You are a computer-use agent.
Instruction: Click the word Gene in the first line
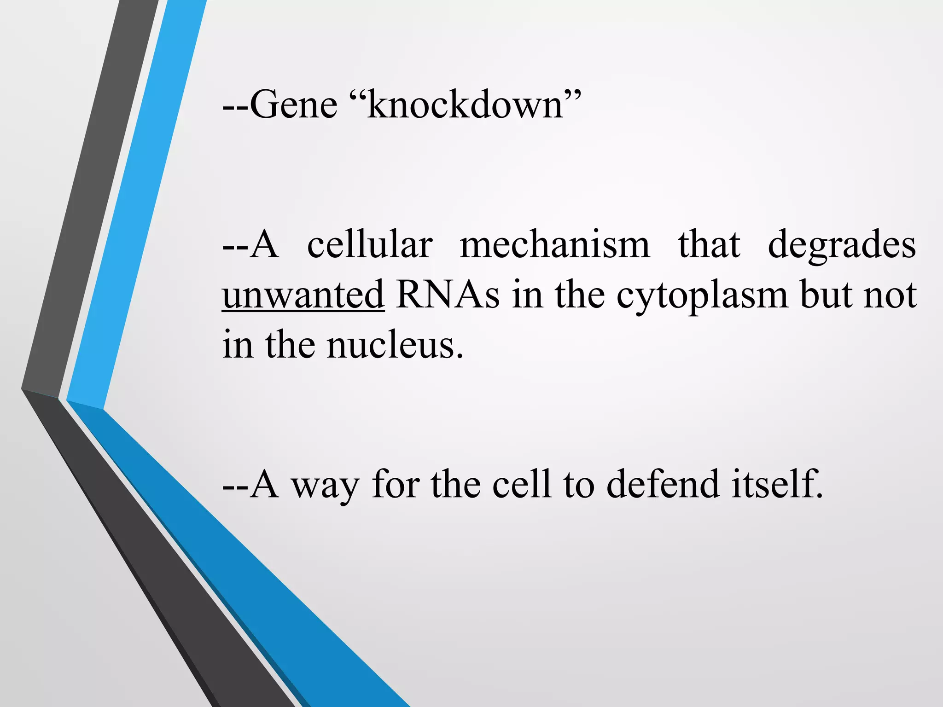point(294,105)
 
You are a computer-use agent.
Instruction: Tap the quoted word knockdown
point(465,105)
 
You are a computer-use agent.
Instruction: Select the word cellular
point(370,245)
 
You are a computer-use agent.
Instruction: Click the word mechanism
point(555,245)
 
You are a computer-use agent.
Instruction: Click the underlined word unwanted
point(303,295)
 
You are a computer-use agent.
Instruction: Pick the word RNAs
point(448,295)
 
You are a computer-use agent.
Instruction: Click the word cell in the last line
point(521,484)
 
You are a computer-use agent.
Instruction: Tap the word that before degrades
point(709,245)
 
